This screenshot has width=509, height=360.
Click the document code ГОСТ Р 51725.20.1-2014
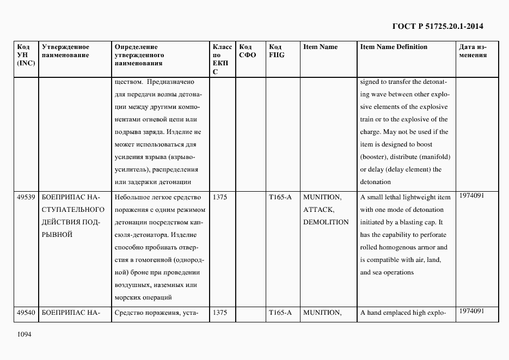(x=437, y=26)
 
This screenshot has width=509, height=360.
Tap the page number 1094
(x=25, y=333)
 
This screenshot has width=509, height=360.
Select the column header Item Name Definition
(x=394, y=47)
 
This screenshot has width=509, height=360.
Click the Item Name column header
(x=320, y=47)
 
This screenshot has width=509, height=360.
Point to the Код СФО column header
(x=247, y=51)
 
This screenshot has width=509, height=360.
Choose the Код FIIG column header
(x=277, y=51)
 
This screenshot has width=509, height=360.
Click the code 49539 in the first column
(x=26, y=197)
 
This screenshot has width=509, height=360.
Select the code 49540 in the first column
(x=26, y=313)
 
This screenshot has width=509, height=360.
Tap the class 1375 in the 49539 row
(x=220, y=197)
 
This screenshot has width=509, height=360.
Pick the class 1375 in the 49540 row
(x=220, y=313)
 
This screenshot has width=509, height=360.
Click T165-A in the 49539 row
(x=280, y=197)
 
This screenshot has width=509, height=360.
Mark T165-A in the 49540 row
(x=280, y=313)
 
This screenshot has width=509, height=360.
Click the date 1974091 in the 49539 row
(x=471, y=195)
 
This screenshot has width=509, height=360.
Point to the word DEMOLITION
(x=326, y=222)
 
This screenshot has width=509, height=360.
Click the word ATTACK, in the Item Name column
(x=318, y=210)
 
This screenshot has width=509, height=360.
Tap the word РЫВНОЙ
(x=57, y=235)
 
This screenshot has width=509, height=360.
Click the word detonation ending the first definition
(x=376, y=182)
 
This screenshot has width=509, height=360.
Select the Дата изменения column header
(x=473, y=51)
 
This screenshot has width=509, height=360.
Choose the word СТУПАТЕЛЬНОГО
(x=73, y=210)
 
